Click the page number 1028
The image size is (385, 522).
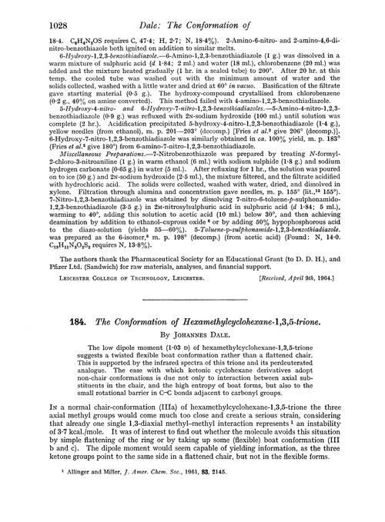pyautogui.click(x=27, y=9)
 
